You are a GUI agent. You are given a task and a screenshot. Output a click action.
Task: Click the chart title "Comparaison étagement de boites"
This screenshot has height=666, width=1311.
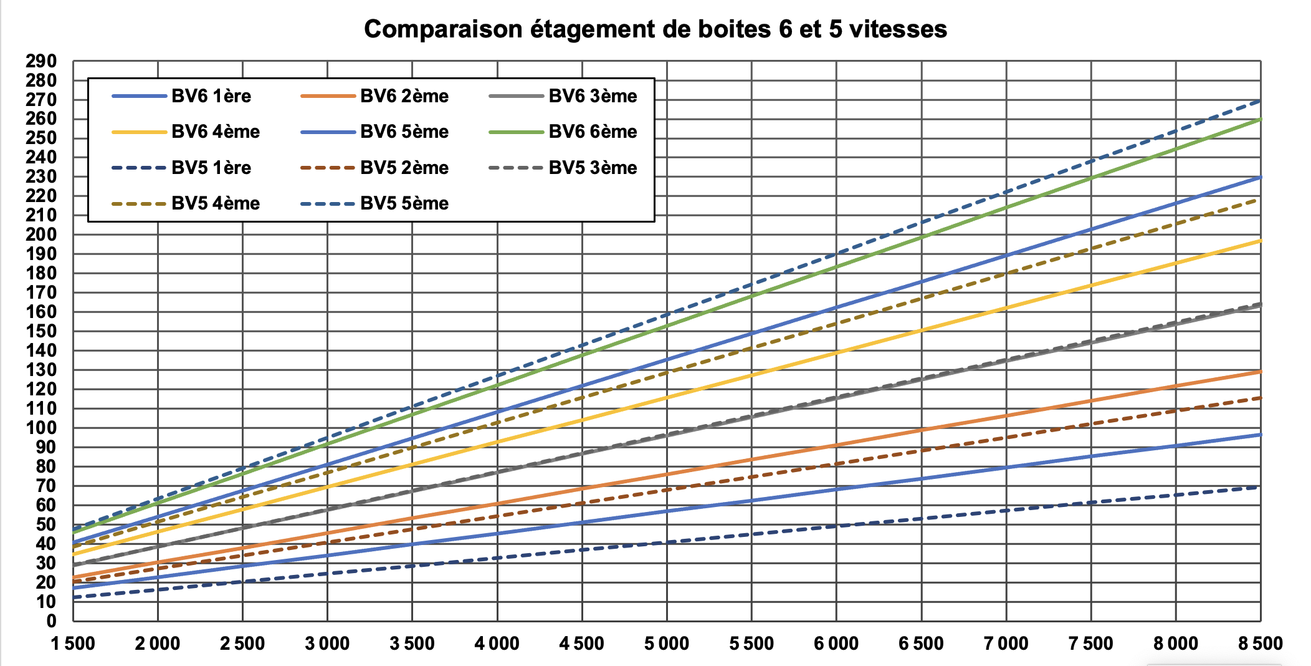coord(655,29)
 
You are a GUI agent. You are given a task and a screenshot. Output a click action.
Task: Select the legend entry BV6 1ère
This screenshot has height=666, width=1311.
coord(211,96)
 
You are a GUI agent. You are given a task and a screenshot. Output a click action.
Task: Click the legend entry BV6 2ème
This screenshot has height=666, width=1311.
coord(404,96)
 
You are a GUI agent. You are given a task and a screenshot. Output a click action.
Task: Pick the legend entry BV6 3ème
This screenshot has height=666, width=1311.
coord(593,96)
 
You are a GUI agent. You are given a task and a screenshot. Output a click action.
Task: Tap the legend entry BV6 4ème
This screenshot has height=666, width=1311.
coord(215,132)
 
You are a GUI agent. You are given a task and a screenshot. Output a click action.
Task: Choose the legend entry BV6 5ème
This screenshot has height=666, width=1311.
coord(404,132)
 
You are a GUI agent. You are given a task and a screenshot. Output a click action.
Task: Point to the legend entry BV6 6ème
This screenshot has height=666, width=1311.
coord(593,132)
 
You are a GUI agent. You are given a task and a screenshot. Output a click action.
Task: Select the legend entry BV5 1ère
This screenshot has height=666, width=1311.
coord(211,168)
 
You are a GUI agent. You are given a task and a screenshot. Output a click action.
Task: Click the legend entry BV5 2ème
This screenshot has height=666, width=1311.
coord(404,168)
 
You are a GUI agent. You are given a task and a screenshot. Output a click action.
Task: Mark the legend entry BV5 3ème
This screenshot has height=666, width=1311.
coord(593,168)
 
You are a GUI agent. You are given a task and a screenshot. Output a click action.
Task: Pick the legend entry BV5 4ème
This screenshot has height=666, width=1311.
coord(215,203)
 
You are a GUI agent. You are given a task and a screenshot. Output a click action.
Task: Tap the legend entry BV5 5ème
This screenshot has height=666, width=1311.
coord(404,203)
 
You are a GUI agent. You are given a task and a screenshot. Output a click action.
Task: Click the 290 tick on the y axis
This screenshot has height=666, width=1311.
coord(41,61)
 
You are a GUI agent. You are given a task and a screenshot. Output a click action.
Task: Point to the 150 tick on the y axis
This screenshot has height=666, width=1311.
coord(41,331)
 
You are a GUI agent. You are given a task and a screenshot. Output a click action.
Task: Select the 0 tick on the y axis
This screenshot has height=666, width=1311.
coord(51,621)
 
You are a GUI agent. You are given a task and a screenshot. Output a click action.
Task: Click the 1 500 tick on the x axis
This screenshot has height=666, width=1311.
coord(73,644)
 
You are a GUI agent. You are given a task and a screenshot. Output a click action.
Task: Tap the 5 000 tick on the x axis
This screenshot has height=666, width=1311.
coord(667,644)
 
